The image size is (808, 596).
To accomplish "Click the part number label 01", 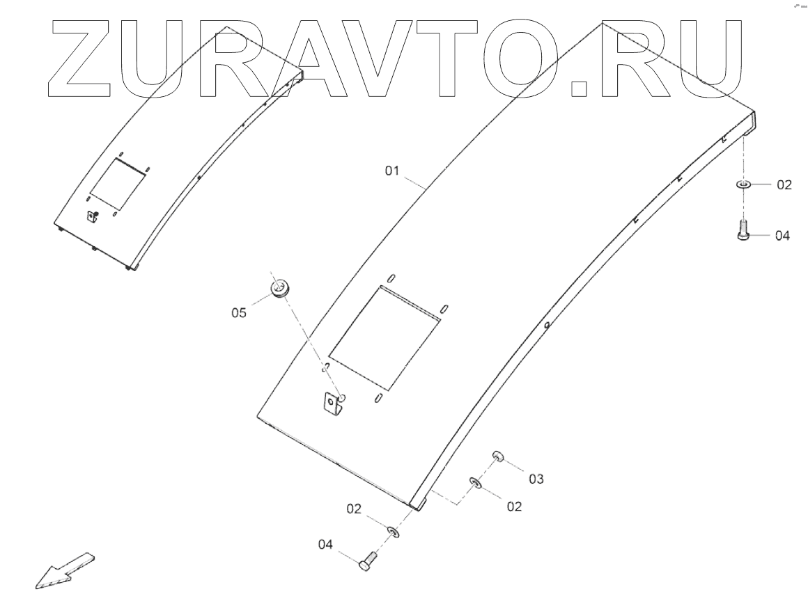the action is pos(394,169).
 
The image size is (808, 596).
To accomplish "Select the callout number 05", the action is pos(239,313).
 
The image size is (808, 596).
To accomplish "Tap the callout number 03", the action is pos(536,479).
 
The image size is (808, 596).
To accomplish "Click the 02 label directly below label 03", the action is pos(514,507).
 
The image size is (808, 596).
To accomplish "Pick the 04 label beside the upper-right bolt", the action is pos(782,236).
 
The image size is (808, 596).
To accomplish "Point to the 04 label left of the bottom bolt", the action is pos(326,544).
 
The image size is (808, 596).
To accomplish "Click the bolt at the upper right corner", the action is pos(743,230).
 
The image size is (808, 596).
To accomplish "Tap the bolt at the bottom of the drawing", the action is pos(368,560).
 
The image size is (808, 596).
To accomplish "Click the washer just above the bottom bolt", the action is pos(394,533).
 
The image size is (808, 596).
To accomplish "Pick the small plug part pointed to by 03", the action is pos(499,457).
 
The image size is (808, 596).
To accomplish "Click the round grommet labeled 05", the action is pos(279,288).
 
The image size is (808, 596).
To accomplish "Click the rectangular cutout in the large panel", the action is pos(384,337).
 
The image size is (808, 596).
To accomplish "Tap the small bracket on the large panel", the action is pos(334,404).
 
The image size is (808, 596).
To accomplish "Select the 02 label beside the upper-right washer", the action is pos(784,185).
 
